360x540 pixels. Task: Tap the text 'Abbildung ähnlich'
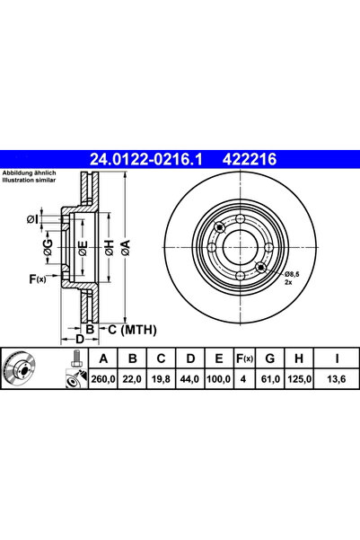[x=30, y=172]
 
